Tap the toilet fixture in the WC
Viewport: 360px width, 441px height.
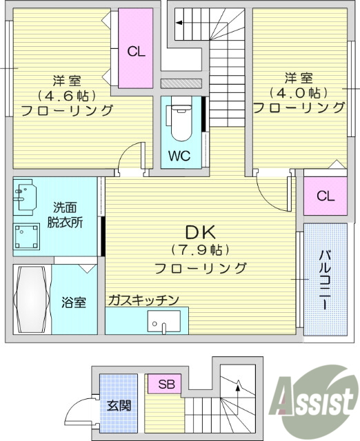(x=181, y=118)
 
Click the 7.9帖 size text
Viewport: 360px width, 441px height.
(x=201, y=249)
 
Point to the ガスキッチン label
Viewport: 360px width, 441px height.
(x=143, y=300)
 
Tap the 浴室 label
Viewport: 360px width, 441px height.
(x=74, y=302)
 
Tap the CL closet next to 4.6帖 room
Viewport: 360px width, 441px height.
(x=137, y=50)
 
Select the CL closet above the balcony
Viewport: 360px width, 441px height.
(x=326, y=196)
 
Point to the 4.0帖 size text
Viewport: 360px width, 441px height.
(x=299, y=92)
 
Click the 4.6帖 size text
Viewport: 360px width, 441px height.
(x=67, y=94)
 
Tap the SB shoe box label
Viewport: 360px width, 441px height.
(x=166, y=384)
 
